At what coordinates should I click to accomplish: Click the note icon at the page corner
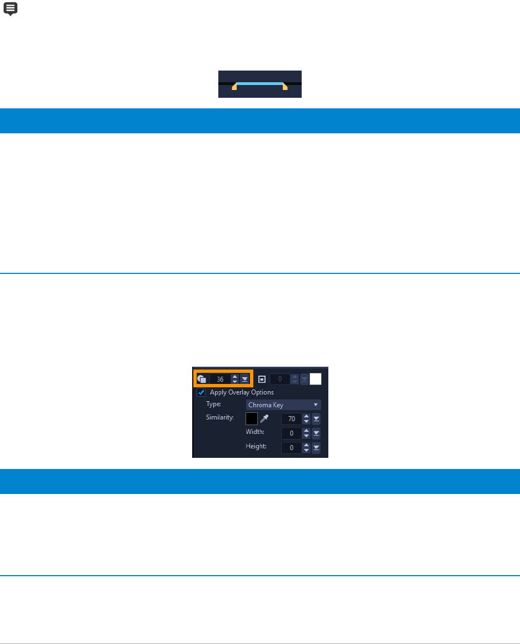[11, 8]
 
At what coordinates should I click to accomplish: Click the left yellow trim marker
[234, 87]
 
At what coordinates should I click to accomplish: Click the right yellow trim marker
[285, 87]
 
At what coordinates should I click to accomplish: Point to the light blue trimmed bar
[259, 83]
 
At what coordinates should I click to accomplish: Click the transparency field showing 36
[219, 379]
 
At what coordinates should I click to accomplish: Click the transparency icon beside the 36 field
[202, 379]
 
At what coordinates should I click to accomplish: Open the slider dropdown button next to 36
[245, 379]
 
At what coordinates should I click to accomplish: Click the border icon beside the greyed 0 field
[262, 379]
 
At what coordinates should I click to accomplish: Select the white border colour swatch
[316, 379]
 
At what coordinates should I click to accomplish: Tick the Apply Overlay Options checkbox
[202, 392]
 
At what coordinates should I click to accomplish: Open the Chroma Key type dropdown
[283, 405]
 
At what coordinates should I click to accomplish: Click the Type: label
[213, 405]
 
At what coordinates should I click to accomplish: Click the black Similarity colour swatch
[252, 418]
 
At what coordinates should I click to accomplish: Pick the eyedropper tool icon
[264, 418]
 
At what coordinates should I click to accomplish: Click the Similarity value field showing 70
[292, 419]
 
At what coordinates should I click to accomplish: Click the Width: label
[255, 432]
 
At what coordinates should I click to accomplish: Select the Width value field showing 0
[292, 433]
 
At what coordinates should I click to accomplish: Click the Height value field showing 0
[292, 448]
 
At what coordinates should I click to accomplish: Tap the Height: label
[256, 446]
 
